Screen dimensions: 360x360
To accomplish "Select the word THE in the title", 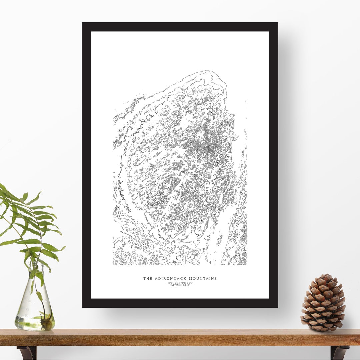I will tap(148, 278).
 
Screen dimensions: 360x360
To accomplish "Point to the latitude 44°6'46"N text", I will tap(173, 283).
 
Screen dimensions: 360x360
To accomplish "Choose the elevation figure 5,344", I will tap(186, 285).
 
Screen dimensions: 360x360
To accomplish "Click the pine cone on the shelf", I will tap(323, 303).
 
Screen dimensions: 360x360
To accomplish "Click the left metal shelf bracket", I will tap(28, 352).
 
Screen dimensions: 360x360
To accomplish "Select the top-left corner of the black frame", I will tap(83, 23).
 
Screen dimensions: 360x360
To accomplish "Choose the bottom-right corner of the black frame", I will tap(277, 306).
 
